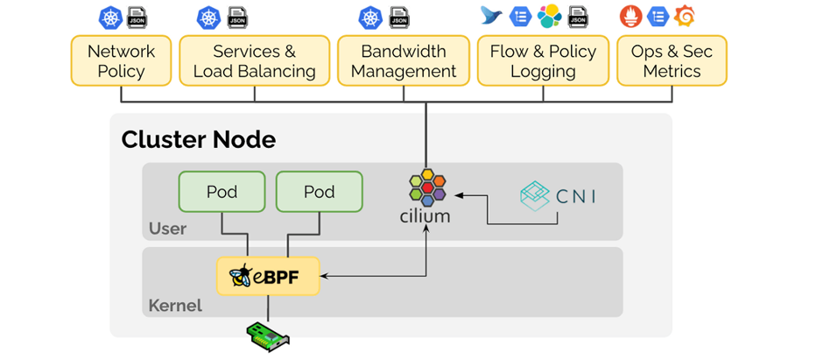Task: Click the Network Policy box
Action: pyautogui.click(x=121, y=61)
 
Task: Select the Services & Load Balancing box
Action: pyautogui.click(x=254, y=61)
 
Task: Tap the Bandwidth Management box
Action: pyautogui.click(x=404, y=61)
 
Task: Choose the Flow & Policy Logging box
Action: pyautogui.click(x=543, y=61)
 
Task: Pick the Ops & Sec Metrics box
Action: pyautogui.click(x=672, y=61)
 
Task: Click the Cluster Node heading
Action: pyautogui.click(x=198, y=139)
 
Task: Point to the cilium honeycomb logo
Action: pyautogui.click(x=427, y=187)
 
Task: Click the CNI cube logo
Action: pyautogui.click(x=534, y=195)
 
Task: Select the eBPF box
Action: pyautogui.click(x=268, y=277)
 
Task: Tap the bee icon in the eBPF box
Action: pyautogui.click(x=241, y=277)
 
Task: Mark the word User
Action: pyautogui.click(x=167, y=229)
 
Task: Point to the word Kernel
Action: pyautogui.click(x=175, y=306)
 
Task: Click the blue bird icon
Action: pyautogui.click(x=492, y=16)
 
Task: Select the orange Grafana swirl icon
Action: pyautogui.click(x=686, y=16)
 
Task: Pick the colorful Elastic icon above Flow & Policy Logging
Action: pyautogui.click(x=549, y=16)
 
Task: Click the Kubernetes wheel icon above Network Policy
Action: pyautogui.click(x=110, y=16)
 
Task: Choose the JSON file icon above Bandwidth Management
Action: pyautogui.click(x=399, y=16)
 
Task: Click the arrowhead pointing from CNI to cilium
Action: pyautogui.click(x=460, y=194)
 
